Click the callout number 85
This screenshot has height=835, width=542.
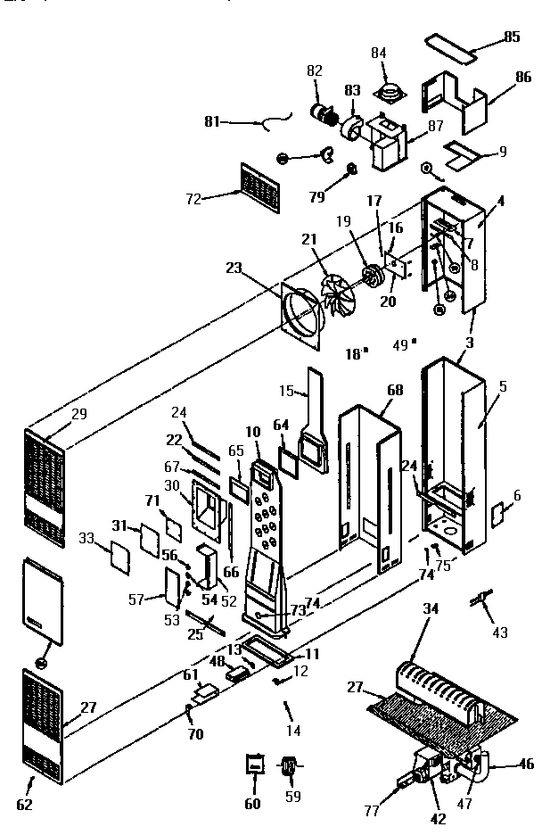tap(511, 37)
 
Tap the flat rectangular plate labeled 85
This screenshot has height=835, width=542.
tap(451, 45)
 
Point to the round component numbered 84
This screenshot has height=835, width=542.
tap(390, 89)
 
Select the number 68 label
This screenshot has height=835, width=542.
tap(394, 391)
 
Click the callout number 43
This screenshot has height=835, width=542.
tap(500, 632)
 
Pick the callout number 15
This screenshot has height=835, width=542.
tap(286, 391)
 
